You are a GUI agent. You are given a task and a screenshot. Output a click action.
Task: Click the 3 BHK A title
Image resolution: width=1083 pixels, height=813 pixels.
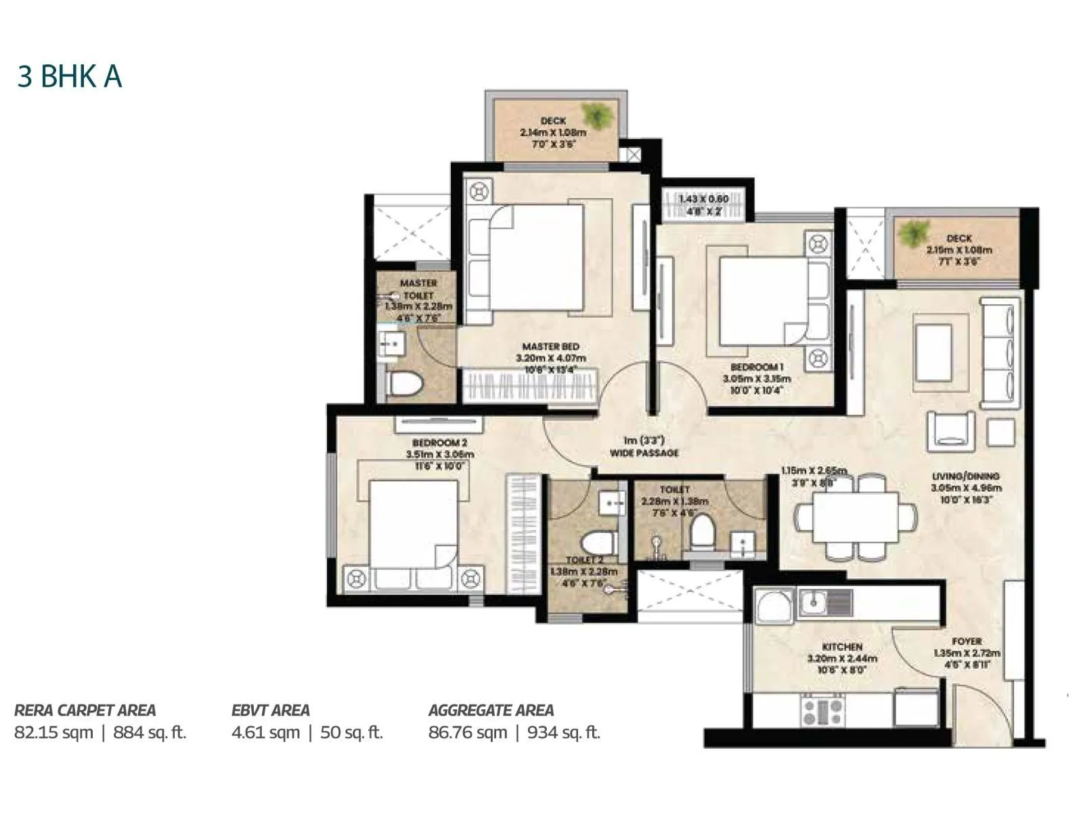coord(70,77)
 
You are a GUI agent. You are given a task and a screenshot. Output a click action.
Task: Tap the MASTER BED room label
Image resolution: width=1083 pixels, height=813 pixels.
coord(551,347)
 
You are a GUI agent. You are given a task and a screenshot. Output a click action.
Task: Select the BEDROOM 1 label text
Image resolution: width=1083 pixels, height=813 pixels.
coord(757,367)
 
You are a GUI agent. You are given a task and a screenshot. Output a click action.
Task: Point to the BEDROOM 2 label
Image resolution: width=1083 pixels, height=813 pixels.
coord(439,442)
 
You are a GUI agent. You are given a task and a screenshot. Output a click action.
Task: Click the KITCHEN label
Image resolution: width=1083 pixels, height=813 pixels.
coord(842,647)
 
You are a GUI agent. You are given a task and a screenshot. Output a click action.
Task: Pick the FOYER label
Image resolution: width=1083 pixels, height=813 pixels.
coord(966,641)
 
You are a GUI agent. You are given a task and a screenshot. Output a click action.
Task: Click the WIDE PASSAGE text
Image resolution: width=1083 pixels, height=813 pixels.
coord(644,453)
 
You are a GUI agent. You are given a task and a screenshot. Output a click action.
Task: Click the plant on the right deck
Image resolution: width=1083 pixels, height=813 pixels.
coord(914,234)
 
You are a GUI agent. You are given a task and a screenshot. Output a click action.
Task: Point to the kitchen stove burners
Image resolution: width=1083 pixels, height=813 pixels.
coord(822,711)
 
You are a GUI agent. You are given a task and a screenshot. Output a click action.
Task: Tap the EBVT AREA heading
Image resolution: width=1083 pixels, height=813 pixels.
coord(270,710)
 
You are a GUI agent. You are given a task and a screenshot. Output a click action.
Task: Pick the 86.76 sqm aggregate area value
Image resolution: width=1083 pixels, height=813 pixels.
coord(467,732)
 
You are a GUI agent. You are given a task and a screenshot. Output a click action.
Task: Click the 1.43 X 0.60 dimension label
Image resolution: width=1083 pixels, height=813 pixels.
coord(704,199)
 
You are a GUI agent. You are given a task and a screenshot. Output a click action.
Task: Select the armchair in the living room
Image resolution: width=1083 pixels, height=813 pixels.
coord(950,431)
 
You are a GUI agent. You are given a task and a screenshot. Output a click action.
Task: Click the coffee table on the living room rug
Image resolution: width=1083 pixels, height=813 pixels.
coord(933,352)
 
